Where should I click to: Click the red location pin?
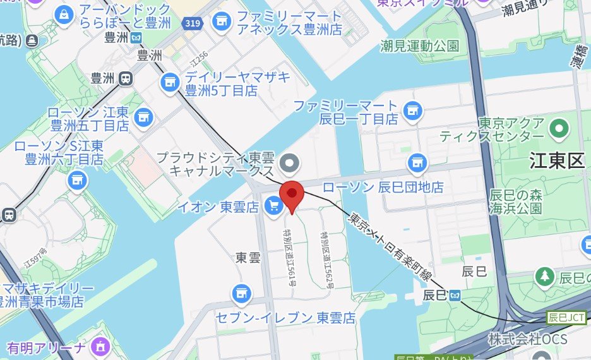[292, 194]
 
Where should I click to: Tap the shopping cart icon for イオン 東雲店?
[273, 206]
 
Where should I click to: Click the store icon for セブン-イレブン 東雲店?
[239, 292]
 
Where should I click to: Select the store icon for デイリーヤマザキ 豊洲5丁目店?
[169, 81]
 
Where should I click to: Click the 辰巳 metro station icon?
[455, 295]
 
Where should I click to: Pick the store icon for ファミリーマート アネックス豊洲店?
[221, 21]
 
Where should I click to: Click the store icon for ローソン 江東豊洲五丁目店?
[145, 116]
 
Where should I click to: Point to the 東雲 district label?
[248, 258]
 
